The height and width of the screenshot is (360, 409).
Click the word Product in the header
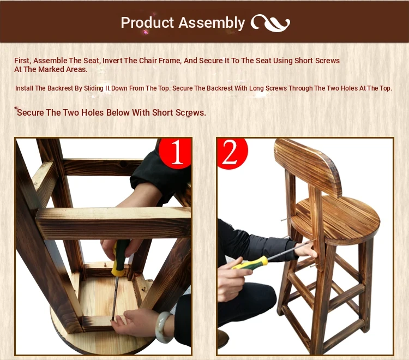pyautogui.click(x=147, y=23)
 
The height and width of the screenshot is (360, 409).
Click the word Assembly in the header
pyautogui.click(x=212, y=23)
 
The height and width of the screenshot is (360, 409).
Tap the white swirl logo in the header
pyautogui.click(x=270, y=23)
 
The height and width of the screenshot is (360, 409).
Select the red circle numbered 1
pyautogui.click(x=175, y=153)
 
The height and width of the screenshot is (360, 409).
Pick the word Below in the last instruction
pyautogui.click(x=118, y=112)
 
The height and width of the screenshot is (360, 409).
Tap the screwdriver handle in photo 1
pyautogui.click(x=120, y=258)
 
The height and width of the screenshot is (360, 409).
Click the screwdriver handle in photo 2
pyautogui.click(x=250, y=263)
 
